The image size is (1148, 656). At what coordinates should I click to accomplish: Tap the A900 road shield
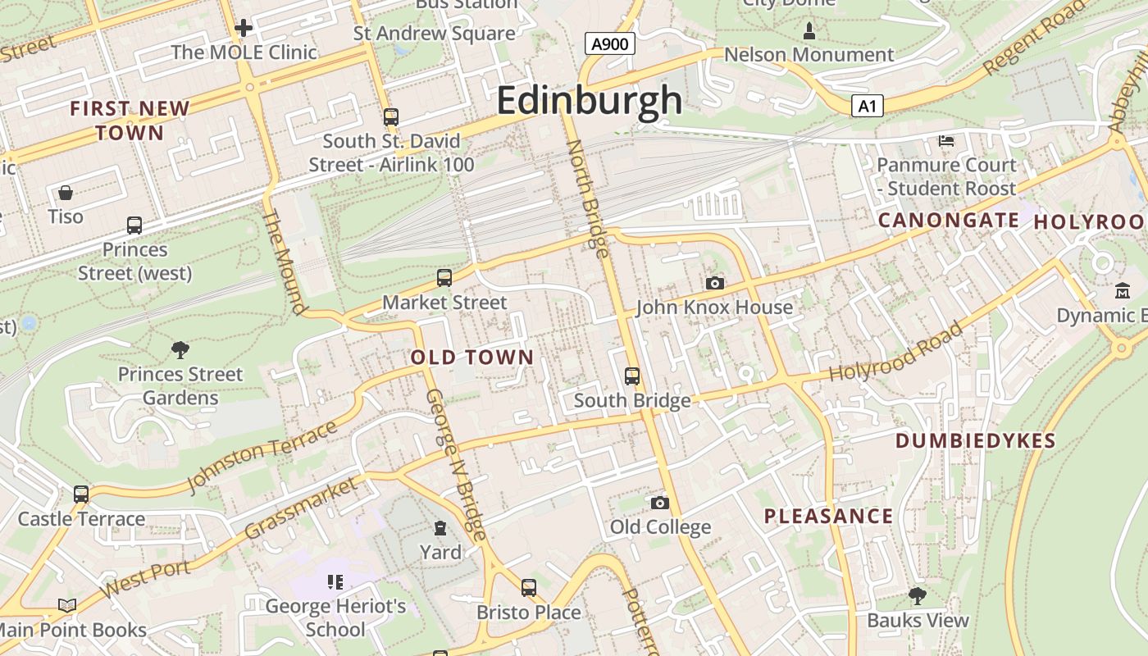610,43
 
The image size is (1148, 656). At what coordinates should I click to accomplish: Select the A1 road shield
867,106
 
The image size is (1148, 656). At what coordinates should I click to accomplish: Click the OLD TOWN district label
472,358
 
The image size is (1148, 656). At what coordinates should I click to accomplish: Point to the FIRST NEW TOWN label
130,121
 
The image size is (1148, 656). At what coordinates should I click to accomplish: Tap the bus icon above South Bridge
631,376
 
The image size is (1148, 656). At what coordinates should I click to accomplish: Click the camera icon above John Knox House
715,283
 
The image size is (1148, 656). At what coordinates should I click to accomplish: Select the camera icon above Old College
659,503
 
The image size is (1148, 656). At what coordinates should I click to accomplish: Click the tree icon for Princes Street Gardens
180,350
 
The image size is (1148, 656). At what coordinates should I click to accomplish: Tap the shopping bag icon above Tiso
66,193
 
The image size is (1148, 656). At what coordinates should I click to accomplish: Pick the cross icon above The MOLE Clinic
244,28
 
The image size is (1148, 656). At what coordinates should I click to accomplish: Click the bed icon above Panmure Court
946,141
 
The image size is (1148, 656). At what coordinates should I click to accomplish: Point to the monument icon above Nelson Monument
809,31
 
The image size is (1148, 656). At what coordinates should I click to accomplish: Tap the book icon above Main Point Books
67,606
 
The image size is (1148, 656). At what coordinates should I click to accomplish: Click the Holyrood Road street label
895,353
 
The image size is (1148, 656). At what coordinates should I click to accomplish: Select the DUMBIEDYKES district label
976,441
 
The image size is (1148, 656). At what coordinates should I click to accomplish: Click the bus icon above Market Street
444,278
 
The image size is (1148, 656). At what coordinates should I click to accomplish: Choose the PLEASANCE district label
828,517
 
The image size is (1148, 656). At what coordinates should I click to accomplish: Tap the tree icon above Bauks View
918,596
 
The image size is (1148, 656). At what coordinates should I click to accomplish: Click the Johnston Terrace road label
262,457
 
